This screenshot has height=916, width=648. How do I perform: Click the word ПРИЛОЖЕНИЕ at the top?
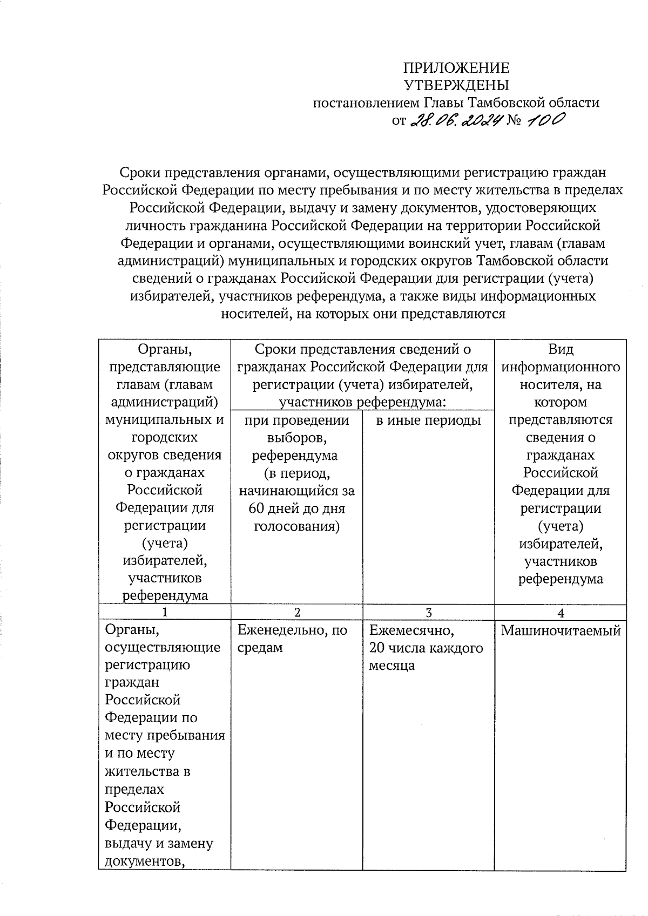click(456, 68)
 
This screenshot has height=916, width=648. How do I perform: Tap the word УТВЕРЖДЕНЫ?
click(456, 85)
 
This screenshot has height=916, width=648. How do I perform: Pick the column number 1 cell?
click(164, 613)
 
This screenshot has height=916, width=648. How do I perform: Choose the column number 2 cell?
click(296, 613)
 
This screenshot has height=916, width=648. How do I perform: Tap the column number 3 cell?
click(429, 613)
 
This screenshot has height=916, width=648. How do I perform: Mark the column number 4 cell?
click(561, 613)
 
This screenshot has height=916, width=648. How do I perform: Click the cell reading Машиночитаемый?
click(561, 630)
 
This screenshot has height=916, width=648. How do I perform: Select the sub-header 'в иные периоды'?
click(428, 420)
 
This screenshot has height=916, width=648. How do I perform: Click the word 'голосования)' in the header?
click(296, 526)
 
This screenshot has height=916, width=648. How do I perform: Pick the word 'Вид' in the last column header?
click(561, 349)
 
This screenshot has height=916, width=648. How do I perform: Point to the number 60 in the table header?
click(256, 508)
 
